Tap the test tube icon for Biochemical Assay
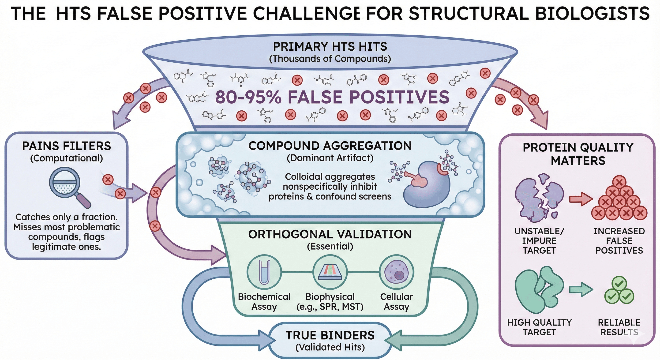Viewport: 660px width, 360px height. point(264,272)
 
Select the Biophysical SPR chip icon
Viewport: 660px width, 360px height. point(330,272)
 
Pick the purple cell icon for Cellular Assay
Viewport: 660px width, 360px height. point(396,272)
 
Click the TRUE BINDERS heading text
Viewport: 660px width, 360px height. point(330,335)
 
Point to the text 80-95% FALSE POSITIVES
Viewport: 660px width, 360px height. point(332,97)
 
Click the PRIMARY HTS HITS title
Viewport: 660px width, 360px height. point(330,47)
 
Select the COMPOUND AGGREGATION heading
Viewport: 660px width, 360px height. point(330,146)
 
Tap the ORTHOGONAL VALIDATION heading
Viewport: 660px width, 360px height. point(330,234)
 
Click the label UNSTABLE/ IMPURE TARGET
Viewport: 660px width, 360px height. point(539,241)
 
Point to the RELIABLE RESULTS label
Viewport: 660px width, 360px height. point(619,327)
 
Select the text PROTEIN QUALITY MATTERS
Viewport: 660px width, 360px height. point(578,154)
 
